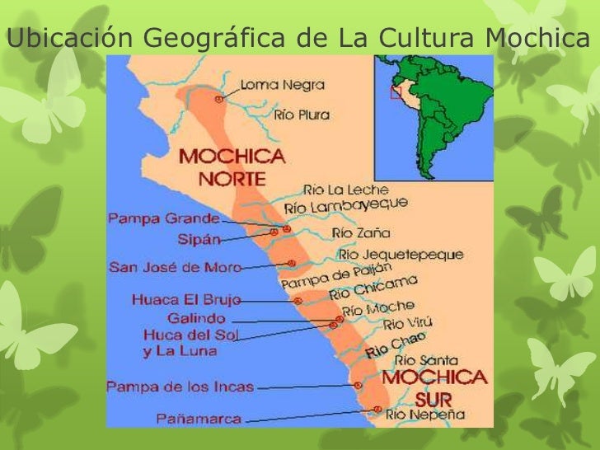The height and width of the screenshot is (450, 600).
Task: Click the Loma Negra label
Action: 282,84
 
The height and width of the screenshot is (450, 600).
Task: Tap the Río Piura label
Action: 302,115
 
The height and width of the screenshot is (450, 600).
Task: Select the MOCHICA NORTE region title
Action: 232,166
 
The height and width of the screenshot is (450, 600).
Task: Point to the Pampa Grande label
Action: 163,219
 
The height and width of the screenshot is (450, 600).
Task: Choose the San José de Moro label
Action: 175,267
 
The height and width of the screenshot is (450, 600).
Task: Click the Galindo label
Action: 196,318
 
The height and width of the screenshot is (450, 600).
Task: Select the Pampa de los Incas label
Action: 180,386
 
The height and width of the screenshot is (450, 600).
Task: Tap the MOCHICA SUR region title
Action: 434,387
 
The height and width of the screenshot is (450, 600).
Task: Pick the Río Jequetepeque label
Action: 401,255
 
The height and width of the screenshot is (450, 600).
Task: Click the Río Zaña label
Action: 361,233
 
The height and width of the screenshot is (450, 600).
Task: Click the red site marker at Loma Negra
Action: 218,98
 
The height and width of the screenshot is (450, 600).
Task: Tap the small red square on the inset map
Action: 396,92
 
